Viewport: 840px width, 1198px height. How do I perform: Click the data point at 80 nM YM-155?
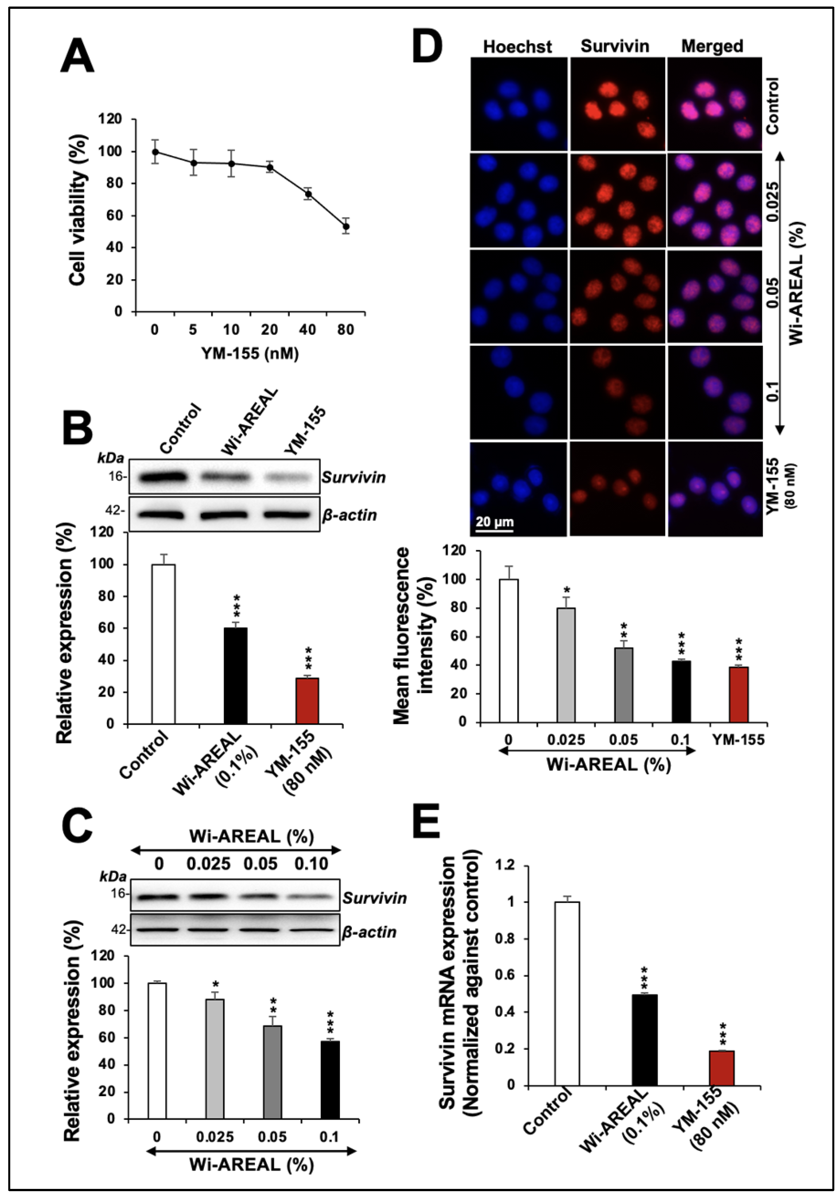345,226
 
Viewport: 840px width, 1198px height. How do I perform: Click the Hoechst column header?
517,47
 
